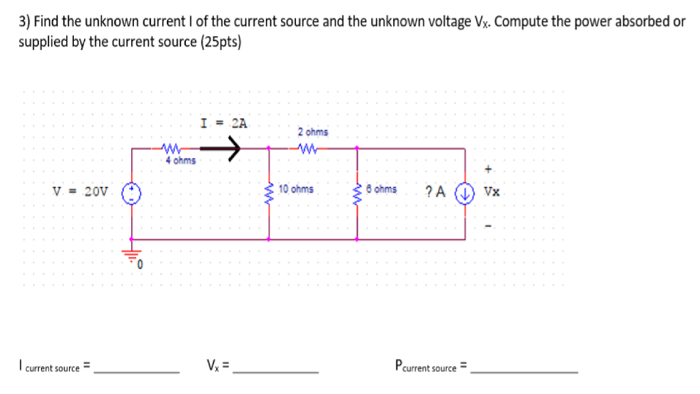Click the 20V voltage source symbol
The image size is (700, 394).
(x=131, y=192)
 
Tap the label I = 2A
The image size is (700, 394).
(x=224, y=124)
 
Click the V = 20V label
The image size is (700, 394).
(x=81, y=192)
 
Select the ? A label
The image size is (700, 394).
(x=435, y=192)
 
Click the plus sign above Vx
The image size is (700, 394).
(x=488, y=168)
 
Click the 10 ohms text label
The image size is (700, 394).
(x=296, y=189)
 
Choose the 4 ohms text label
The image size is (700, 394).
(x=180, y=161)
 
